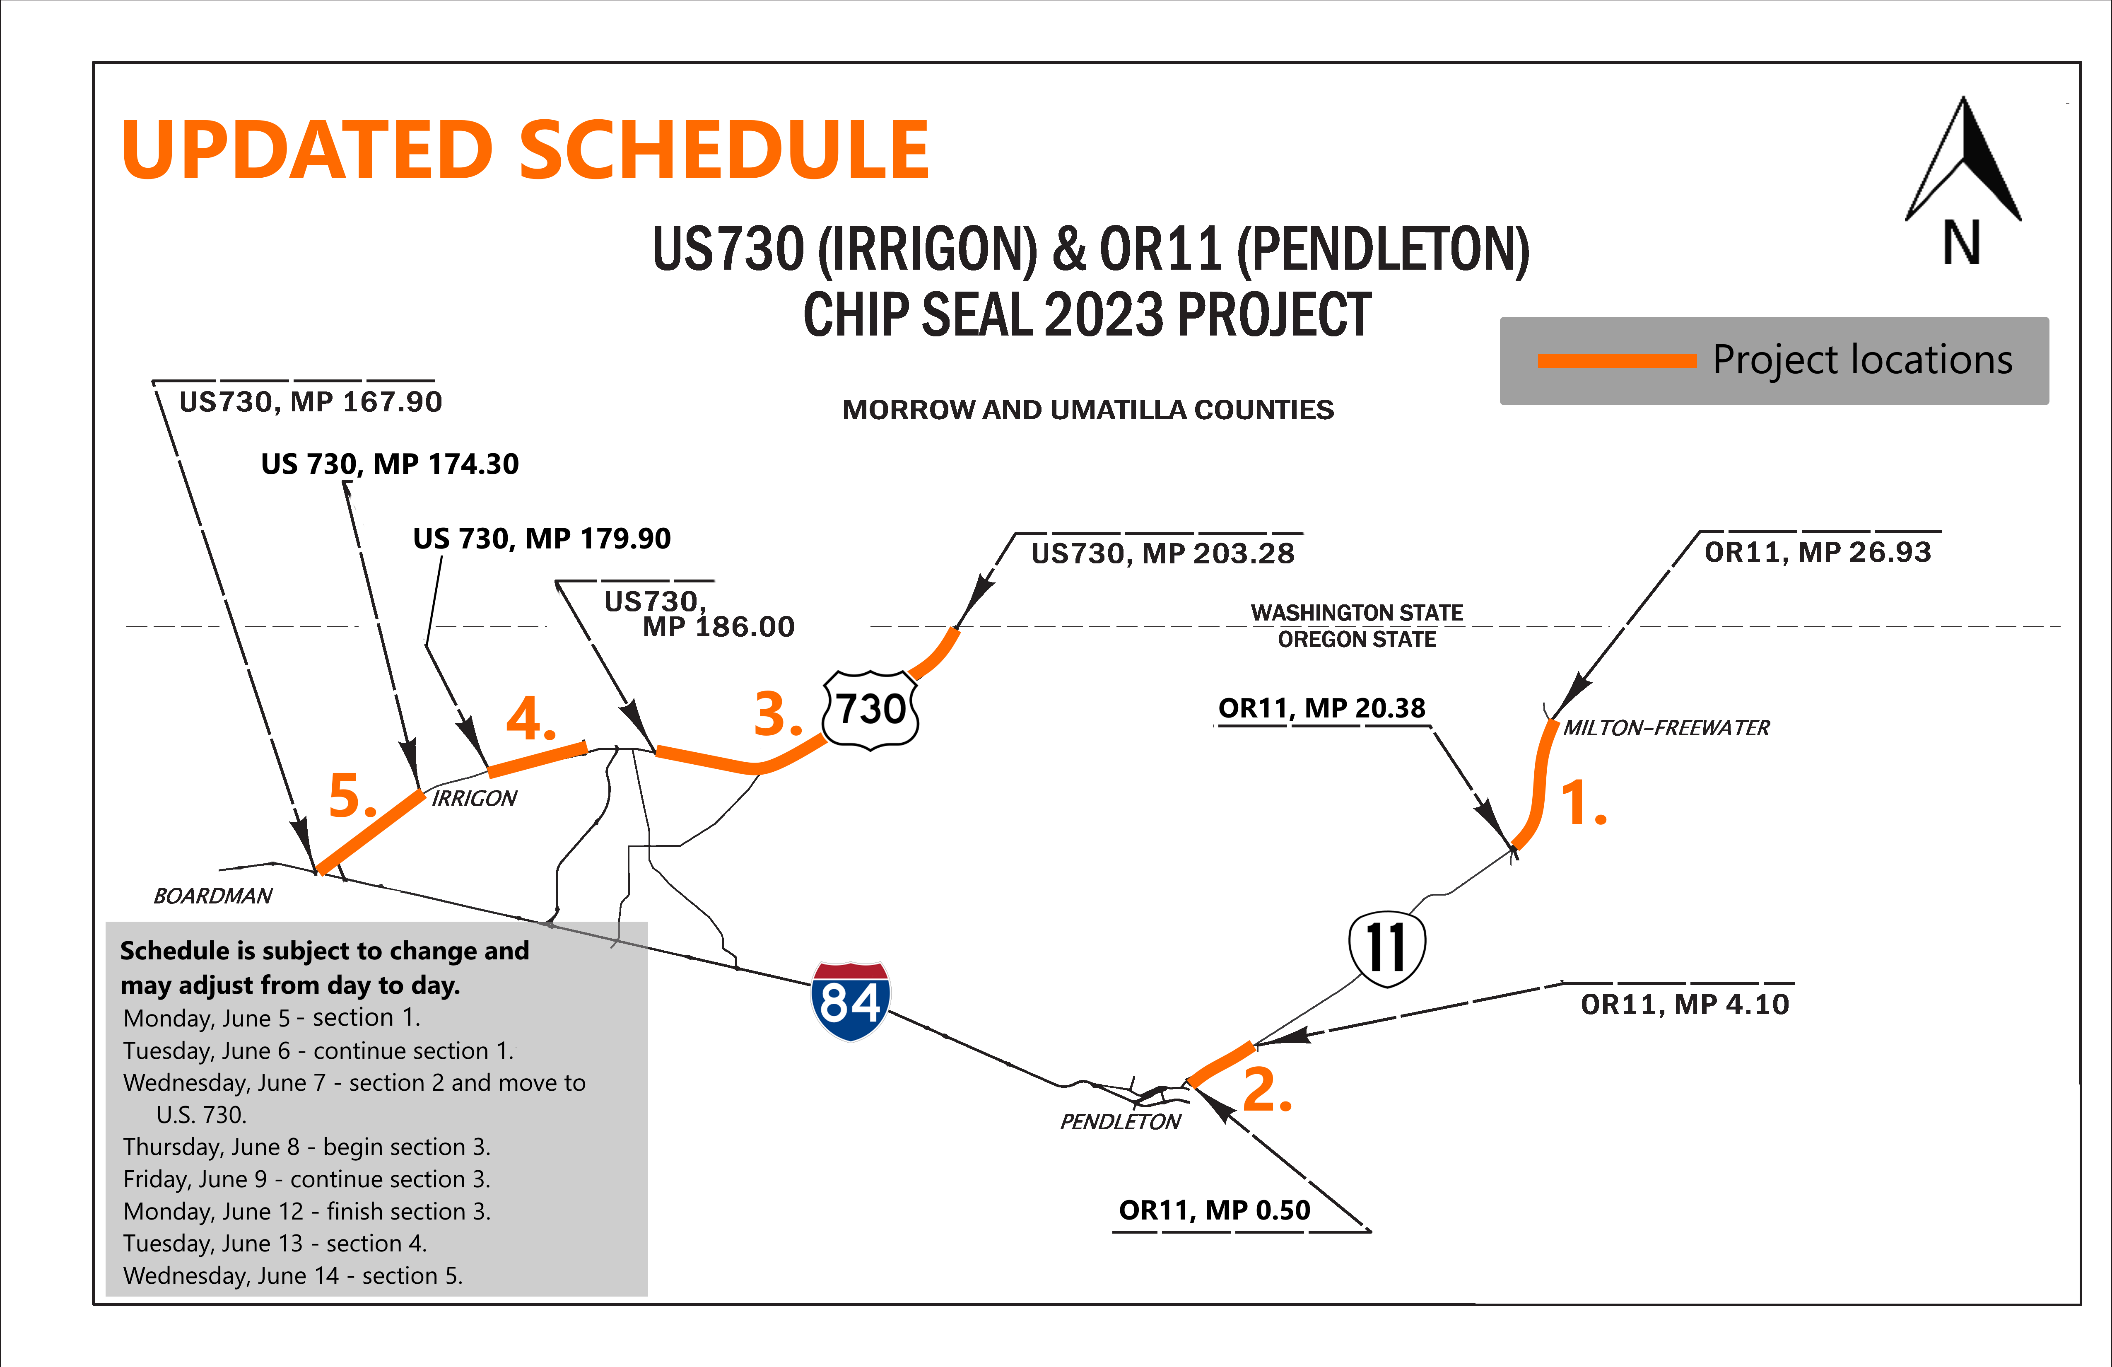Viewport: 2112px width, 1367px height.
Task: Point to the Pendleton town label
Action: (1120, 1122)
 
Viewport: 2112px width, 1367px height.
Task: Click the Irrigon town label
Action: (474, 798)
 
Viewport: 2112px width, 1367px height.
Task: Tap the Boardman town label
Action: (213, 896)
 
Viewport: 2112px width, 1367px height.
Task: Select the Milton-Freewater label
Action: (1666, 728)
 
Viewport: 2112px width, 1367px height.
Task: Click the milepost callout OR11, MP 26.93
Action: (1818, 552)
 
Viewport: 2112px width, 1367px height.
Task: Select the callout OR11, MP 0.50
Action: (1214, 1210)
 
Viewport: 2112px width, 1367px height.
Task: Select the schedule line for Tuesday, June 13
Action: (275, 1244)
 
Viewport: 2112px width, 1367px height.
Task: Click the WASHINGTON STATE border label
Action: (1357, 613)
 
